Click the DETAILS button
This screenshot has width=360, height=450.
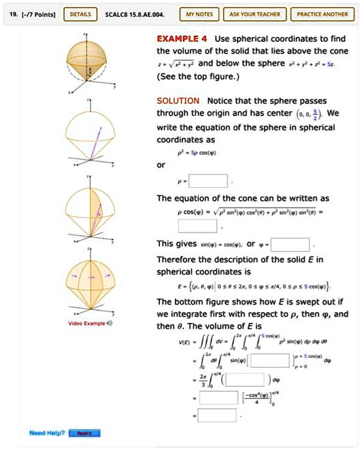point(78,14)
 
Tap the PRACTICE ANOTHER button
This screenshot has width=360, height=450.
point(322,14)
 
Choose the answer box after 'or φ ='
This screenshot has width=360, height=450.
point(290,243)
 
